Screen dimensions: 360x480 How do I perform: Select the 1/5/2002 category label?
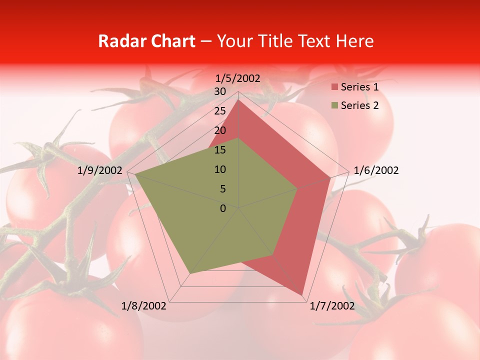click(237, 78)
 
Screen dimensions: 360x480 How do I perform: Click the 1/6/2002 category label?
click(376, 170)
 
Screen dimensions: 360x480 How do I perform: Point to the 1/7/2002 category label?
click(332, 306)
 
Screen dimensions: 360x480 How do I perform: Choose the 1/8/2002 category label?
click(143, 306)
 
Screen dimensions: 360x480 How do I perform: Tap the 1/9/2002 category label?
click(99, 170)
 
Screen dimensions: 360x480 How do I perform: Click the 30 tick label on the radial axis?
click(220, 91)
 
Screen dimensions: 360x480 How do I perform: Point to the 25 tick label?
click(220, 111)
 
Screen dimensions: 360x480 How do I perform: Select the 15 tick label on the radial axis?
click(220, 150)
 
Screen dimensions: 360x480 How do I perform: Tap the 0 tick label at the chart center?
click(223, 208)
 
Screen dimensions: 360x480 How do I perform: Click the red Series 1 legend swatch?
click(334, 87)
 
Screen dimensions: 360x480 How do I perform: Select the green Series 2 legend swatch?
click(334, 105)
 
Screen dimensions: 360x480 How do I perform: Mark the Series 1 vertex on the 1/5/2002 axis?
click(238, 99)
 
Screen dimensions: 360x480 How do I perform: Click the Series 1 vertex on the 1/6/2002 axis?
click(330, 177)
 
